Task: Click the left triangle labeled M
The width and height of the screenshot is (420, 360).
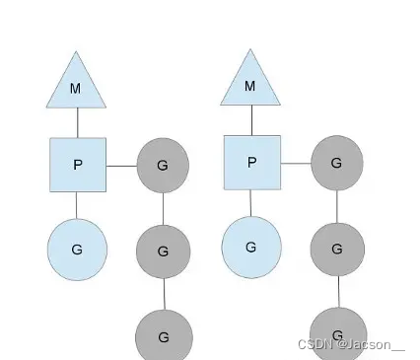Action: pyautogui.click(x=76, y=86)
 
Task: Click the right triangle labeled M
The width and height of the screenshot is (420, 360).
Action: pyautogui.click(x=249, y=84)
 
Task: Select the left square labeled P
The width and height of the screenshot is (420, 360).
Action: pyautogui.click(x=77, y=164)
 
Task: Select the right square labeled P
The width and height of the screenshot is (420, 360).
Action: pyautogui.click(x=251, y=162)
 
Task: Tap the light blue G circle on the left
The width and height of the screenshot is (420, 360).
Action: pyautogui.click(x=77, y=249)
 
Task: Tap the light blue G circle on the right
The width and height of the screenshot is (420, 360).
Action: pyautogui.click(x=250, y=246)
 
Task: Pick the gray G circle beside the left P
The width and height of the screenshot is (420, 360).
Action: pyautogui.click(x=163, y=165)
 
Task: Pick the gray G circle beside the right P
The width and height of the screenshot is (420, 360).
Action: pyautogui.click(x=336, y=162)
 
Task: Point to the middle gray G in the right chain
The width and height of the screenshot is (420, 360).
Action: pyautogui.click(x=336, y=249)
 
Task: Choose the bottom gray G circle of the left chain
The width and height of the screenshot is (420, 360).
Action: pyautogui.click(x=163, y=335)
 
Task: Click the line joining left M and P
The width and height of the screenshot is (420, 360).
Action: pyautogui.click(x=77, y=123)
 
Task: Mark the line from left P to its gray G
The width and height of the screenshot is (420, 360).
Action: pyautogui.click(x=120, y=165)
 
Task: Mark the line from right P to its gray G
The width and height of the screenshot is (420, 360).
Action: pyautogui.click(x=295, y=162)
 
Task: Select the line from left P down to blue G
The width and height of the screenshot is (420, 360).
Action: pyautogui.click(x=77, y=205)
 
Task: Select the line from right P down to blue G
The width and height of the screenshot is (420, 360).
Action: pyautogui.click(x=251, y=203)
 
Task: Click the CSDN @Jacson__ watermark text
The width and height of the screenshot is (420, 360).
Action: pyautogui.click(x=351, y=344)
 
